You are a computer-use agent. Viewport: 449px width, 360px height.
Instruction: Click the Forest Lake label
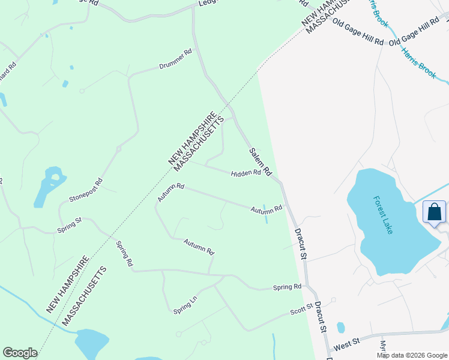[x=382, y=215]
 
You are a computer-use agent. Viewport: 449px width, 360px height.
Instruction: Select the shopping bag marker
[x=435, y=212]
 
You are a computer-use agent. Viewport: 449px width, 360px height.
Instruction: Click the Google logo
[x=20, y=353]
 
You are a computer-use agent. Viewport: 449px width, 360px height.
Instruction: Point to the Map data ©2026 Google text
[x=411, y=355]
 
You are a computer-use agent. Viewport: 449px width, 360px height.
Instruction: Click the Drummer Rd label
[x=175, y=61]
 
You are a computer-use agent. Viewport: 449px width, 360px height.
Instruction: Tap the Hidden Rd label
[x=246, y=173]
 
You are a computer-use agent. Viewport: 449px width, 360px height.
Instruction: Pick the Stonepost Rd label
[x=86, y=189]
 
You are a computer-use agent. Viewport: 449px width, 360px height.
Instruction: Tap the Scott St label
[x=302, y=310]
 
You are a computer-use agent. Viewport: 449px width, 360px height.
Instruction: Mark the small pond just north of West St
[x=341, y=328]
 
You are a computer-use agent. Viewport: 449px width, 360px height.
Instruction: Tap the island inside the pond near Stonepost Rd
[x=55, y=177]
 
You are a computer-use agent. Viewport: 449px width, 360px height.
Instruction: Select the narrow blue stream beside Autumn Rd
[x=265, y=215]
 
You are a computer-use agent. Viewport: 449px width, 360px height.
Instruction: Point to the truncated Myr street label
[x=382, y=347]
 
